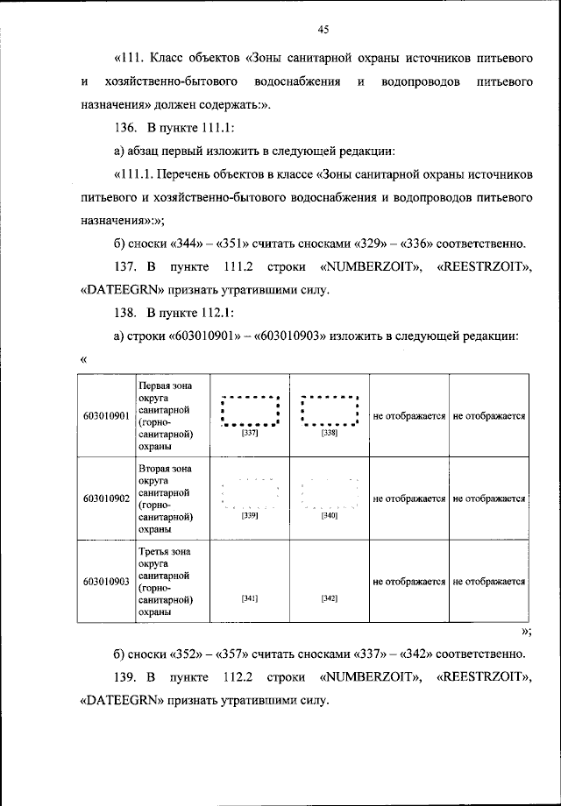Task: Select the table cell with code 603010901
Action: point(105,415)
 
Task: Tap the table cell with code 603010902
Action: point(105,498)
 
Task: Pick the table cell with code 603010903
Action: point(105,581)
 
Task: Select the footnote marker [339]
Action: point(250,516)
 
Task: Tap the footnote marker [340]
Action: point(330,516)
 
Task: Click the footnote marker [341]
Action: point(250,598)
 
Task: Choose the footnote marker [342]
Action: point(330,598)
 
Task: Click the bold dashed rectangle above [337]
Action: point(250,410)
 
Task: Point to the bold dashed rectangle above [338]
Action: point(330,410)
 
